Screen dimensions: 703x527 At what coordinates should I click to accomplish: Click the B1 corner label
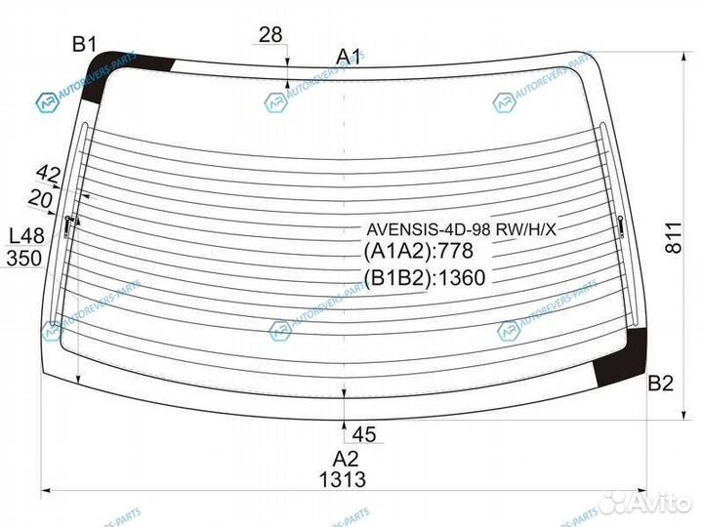(85, 45)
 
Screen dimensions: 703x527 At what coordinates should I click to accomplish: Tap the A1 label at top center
(349, 57)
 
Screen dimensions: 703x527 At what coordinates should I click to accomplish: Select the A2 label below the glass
(346, 459)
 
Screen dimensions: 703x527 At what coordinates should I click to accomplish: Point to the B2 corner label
(661, 384)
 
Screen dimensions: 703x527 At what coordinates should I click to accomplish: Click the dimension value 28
(270, 34)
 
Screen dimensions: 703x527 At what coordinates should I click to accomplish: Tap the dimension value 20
(40, 198)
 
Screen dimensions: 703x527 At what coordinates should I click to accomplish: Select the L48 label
(27, 236)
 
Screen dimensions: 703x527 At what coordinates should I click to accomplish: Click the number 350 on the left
(24, 258)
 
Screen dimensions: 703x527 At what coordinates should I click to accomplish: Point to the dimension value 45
(364, 434)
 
